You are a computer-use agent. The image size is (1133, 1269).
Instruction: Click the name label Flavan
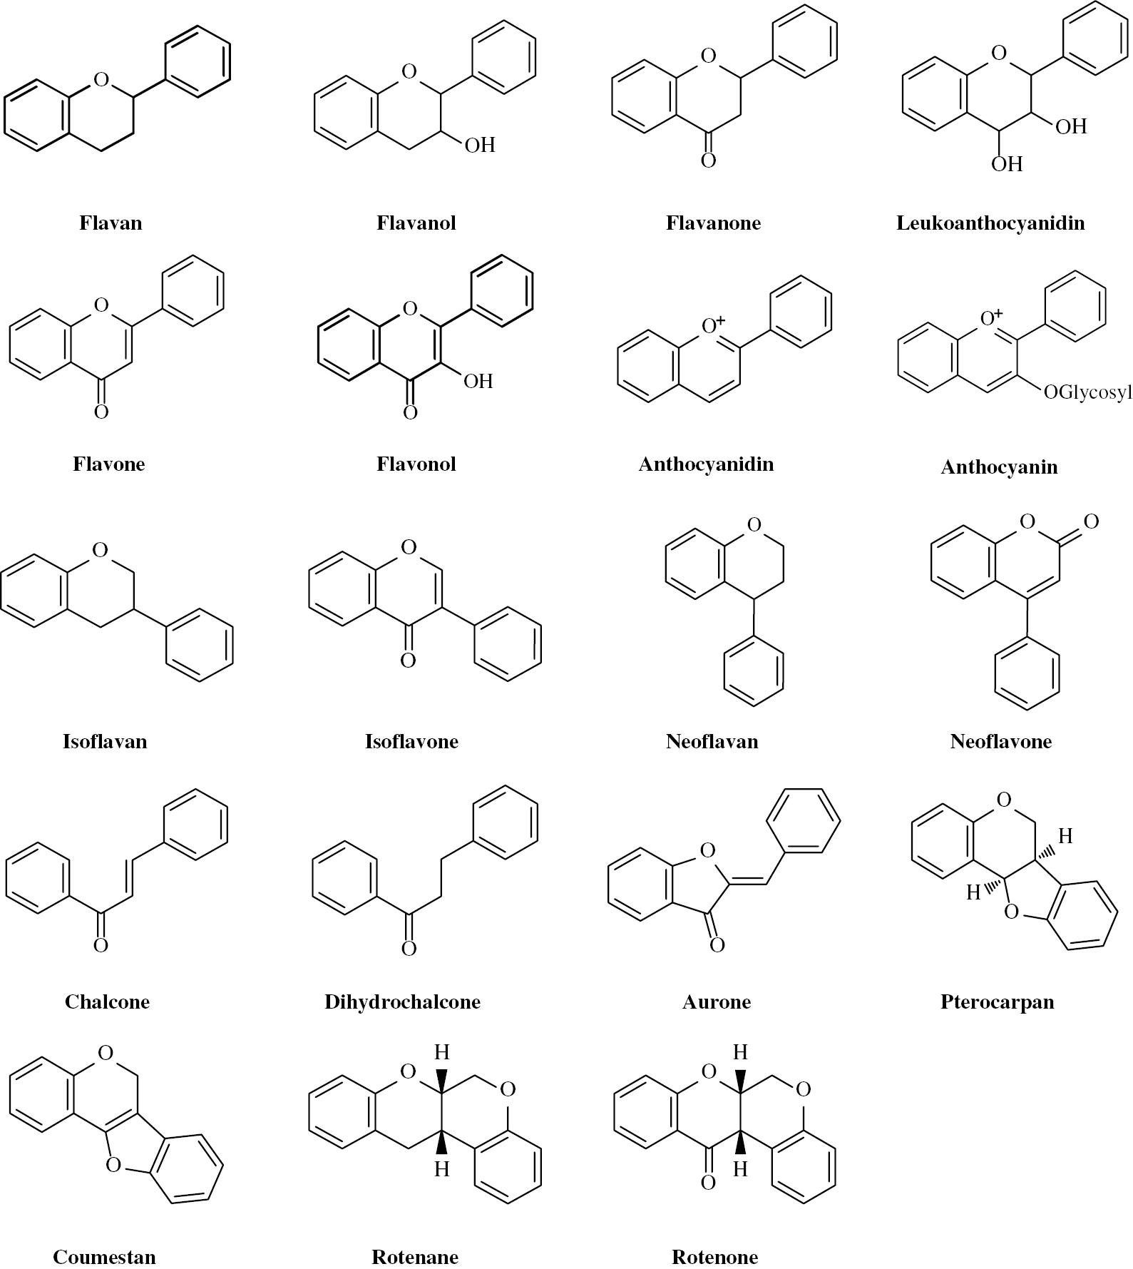111,223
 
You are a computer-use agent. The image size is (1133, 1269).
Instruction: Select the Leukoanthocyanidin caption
990,223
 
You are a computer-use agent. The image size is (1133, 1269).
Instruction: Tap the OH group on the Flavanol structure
480,146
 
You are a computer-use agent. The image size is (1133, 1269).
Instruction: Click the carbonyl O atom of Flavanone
708,160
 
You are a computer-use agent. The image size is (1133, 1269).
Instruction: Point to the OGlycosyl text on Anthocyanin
1087,392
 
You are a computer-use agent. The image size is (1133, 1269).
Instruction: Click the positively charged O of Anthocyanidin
712,325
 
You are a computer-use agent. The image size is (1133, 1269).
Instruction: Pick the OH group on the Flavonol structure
478,381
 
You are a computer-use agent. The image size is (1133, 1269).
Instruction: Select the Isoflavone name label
411,741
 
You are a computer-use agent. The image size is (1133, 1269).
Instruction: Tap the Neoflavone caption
1001,741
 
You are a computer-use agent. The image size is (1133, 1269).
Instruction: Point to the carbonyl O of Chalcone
101,945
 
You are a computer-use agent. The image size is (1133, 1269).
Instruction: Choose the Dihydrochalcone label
402,1002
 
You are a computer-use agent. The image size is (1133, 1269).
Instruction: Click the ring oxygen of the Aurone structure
707,850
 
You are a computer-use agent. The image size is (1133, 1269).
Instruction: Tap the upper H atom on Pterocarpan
1065,836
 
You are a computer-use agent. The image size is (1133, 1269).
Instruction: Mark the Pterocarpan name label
997,1002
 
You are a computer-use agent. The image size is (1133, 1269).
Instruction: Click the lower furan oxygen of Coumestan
113,1166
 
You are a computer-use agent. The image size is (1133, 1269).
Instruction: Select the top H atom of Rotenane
442,1051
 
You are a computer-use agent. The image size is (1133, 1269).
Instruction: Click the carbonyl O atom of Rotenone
707,1183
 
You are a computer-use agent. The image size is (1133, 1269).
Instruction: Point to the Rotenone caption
714,1257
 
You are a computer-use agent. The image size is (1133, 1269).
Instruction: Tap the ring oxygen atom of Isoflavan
101,549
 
